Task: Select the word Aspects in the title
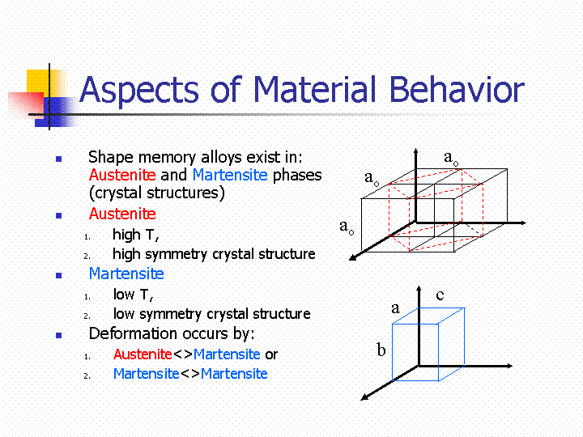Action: coord(139,91)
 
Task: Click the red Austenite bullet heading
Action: coord(122,214)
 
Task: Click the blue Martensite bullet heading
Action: coord(126,274)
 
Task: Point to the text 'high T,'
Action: coord(136,235)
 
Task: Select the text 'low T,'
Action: coord(133,295)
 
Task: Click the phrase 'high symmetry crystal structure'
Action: coord(214,254)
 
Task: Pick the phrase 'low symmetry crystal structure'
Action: coord(212,314)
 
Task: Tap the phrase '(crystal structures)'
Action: coord(157,193)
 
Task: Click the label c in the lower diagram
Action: coord(440,295)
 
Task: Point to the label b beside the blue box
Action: coord(381,350)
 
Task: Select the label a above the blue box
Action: coord(396,308)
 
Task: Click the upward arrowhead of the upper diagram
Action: coord(416,151)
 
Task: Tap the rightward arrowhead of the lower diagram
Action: coord(510,366)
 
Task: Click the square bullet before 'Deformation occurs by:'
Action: coord(58,335)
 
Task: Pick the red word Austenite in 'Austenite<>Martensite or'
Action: coord(143,354)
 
